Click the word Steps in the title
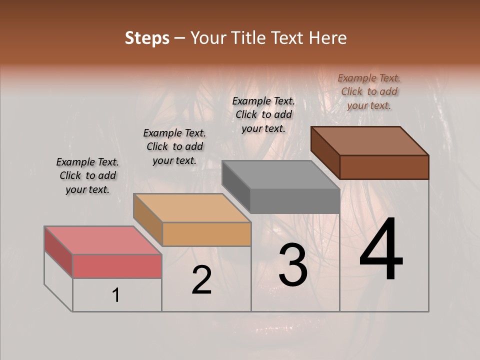pos(146,38)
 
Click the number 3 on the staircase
pos(292,265)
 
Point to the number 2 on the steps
pos(201,280)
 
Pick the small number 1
pos(116,295)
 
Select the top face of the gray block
pos(280,175)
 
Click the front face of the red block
pos(117,266)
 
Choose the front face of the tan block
pos(206,234)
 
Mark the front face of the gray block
pos(295,201)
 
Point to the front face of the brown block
pos(384,167)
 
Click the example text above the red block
pos(87,175)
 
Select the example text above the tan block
pos(174,146)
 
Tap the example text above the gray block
pos(263,114)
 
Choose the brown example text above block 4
pos(369,91)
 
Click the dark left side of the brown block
pos(325,152)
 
